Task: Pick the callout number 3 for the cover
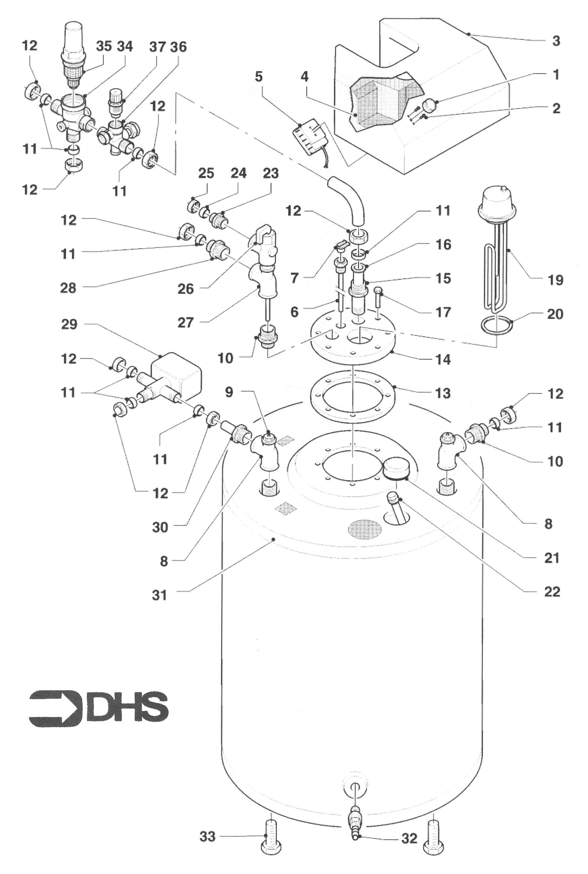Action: click(556, 41)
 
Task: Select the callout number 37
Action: click(157, 47)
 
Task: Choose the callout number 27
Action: click(185, 322)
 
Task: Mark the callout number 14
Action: click(443, 360)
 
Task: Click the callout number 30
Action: click(160, 527)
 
